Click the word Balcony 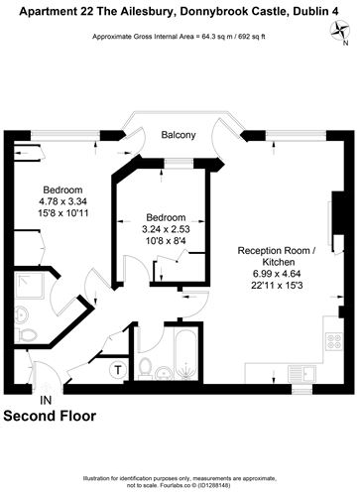[x=179, y=135]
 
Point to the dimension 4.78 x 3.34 [x=61, y=201]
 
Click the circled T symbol [x=118, y=370]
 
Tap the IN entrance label [x=44, y=401]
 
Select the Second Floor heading [x=51, y=417]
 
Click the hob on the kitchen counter [x=333, y=342]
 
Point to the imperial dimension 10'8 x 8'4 [x=167, y=243]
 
